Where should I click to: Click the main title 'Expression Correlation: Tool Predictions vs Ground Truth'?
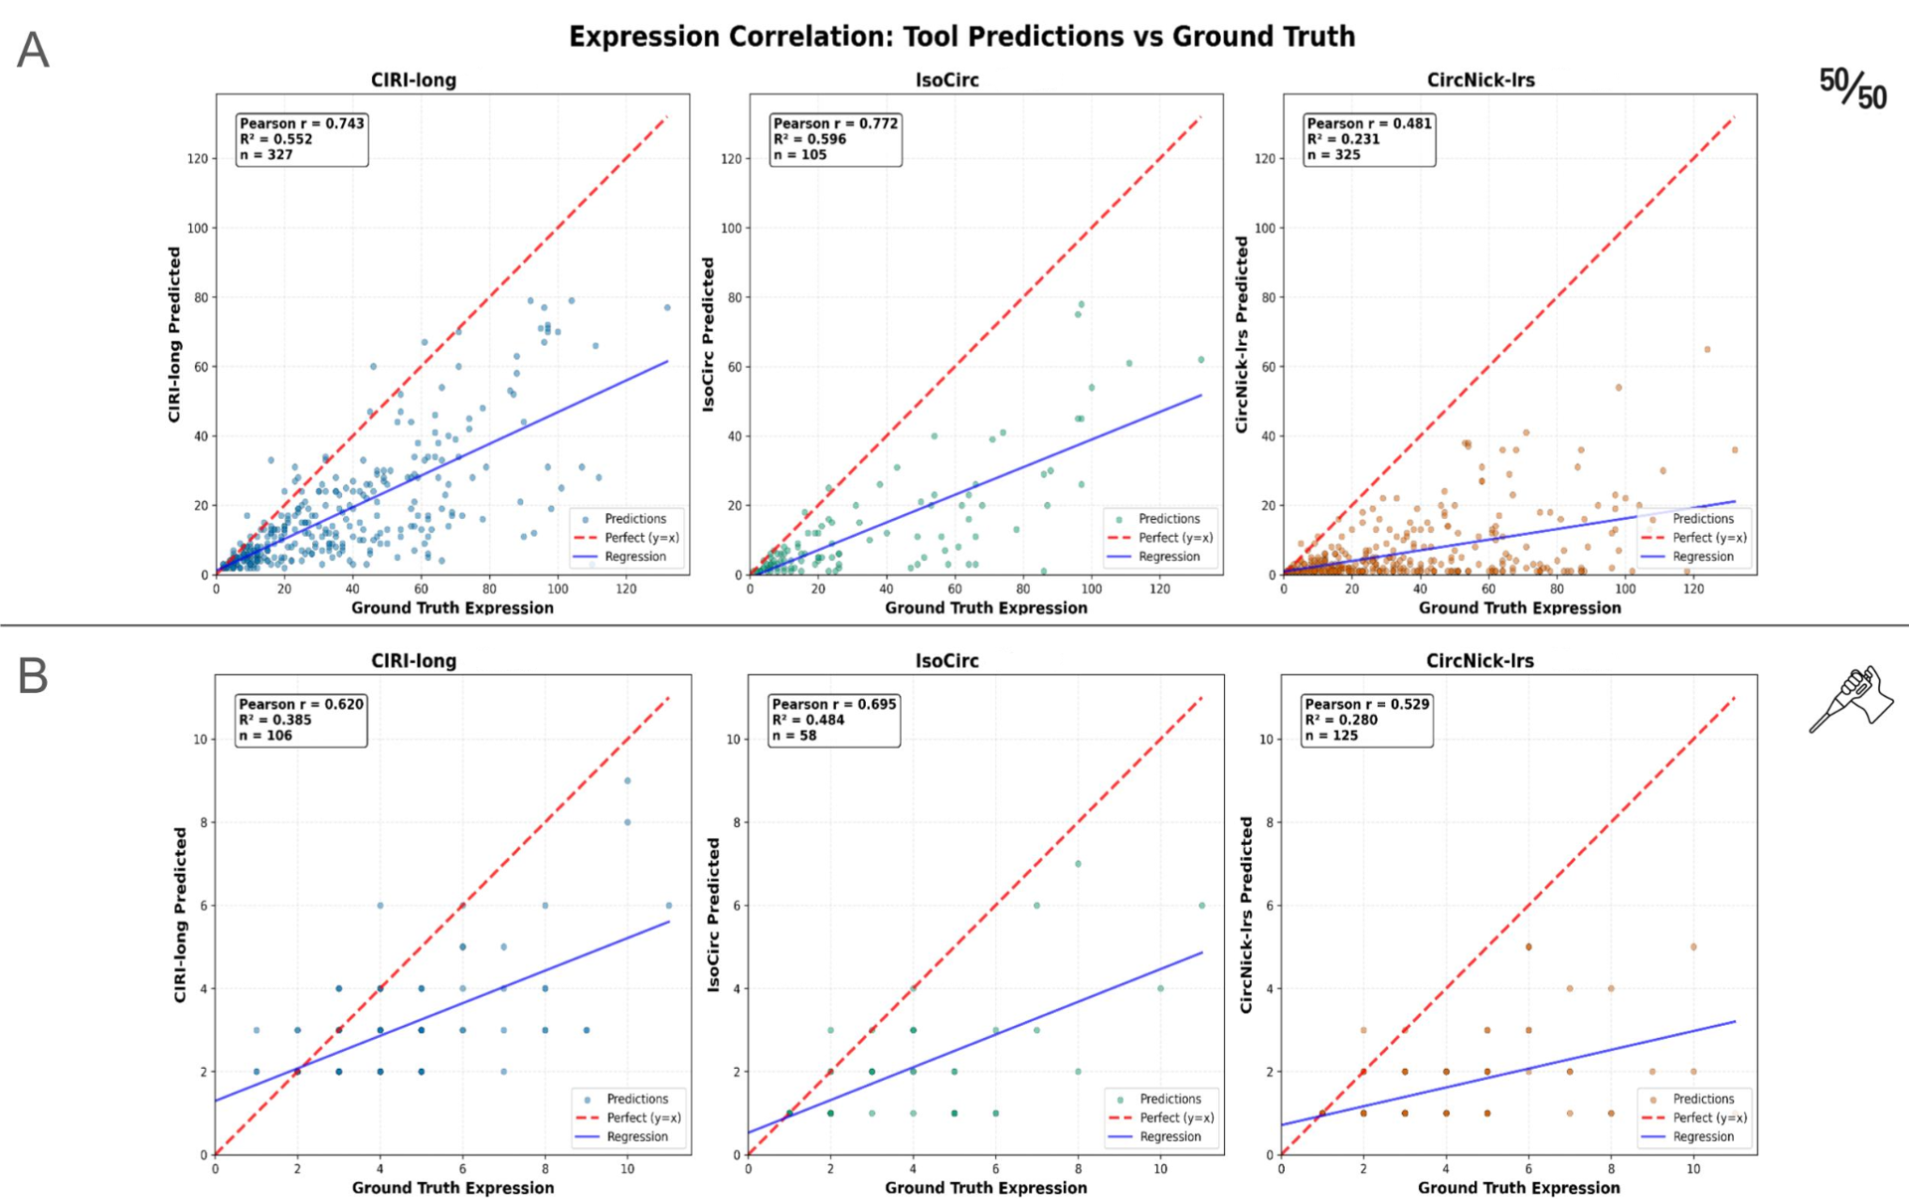pos(961,37)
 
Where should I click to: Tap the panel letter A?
pos(33,50)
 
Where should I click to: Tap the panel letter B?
pos(33,676)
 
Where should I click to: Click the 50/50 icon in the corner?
pos(1852,88)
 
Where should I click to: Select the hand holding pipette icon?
pos(1850,698)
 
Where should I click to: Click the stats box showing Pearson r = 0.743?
pos(301,139)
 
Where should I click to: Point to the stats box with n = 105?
pos(835,139)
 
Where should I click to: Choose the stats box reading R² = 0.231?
pos(1369,139)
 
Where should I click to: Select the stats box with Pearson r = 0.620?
pos(300,720)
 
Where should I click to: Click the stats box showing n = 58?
pos(833,720)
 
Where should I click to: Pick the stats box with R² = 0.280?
pos(1367,720)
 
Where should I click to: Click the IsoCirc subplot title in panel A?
pos(947,81)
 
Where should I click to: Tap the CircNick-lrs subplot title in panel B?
pos(1479,661)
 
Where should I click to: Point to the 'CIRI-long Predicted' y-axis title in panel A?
pos(175,335)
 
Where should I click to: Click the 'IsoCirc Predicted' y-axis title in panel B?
pos(713,915)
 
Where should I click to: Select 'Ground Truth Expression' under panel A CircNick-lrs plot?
pos(1519,607)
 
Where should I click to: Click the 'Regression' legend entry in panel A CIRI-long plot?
pos(635,557)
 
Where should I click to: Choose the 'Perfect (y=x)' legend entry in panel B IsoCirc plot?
pos(1177,1117)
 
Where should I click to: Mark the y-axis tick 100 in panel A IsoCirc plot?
pos(732,229)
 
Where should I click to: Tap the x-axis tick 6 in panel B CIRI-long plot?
pos(462,1169)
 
